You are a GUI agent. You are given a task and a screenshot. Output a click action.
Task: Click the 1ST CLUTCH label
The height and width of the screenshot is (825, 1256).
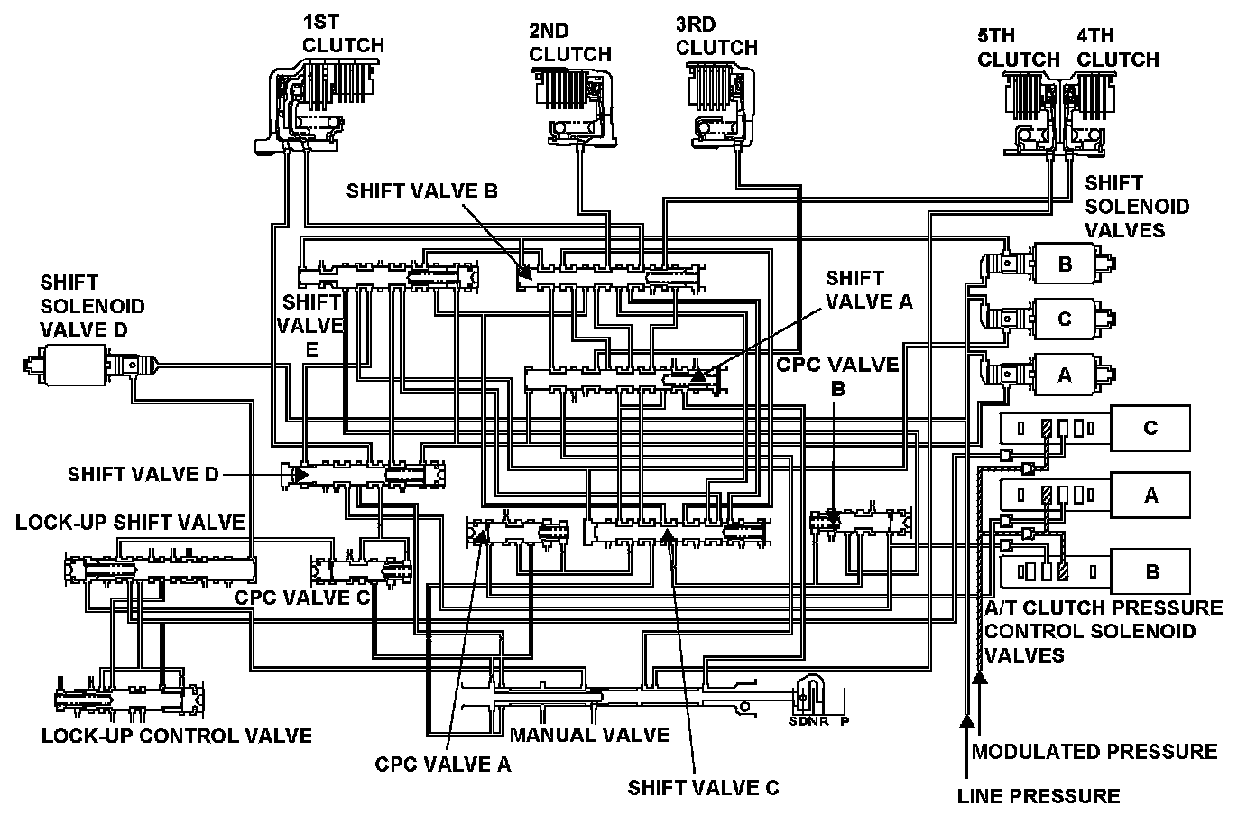pyautogui.click(x=343, y=32)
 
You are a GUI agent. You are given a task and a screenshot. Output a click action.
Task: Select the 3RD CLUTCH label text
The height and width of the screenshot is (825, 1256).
pyautogui.click(x=716, y=35)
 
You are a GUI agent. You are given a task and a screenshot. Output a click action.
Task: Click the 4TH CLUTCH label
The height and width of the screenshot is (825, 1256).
pyautogui.click(x=1118, y=48)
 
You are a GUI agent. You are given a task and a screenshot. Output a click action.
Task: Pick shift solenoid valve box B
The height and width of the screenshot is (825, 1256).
pyautogui.click(x=1065, y=264)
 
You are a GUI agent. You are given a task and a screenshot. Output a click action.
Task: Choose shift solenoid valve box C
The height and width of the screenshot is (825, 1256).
pyautogui.click(x=1065, y=319)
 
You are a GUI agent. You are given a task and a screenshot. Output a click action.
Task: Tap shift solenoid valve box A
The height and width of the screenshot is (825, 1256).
pyautogui.click(x=1065, y=374)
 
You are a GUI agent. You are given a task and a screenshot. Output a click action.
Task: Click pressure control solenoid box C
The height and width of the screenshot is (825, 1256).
pyautogui.click(x=1150, y=428)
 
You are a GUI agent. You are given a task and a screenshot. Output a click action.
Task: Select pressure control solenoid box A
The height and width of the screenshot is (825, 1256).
pyautogui.click(x=1150, y=495)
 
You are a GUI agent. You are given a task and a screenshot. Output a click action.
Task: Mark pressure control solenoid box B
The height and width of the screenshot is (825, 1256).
pyautogui.click(x=1150, y=570)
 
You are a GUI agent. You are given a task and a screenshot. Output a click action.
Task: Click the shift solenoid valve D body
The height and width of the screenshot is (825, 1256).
pyautogui.click(x=68, y=366)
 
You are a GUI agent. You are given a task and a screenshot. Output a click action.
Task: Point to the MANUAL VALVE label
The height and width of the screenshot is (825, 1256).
pyautogui.click(x=589, y=735)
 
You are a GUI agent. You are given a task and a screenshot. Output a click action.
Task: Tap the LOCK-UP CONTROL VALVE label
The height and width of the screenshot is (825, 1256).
pyautogui.click(x=177, y=736)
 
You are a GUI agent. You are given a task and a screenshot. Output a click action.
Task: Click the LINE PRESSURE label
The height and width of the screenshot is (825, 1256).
pyautogui.click(x=1039, y=795)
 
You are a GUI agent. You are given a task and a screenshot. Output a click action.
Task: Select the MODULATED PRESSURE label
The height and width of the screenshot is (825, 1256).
pyautogui.click(x=1094, y=752)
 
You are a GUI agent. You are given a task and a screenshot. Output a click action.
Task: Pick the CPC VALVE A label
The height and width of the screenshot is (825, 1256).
pyautogui.click(x=443, y=765)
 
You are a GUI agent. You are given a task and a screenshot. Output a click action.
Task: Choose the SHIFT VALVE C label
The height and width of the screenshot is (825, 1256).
pyautogui.click(x=703, y=787)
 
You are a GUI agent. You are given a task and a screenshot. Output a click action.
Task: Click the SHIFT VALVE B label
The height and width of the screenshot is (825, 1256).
pyautogui.click(x=421, y=190)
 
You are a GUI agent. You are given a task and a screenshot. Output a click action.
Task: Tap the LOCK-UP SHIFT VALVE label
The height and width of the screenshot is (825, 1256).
pyautogui.click(x=130, y=522)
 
